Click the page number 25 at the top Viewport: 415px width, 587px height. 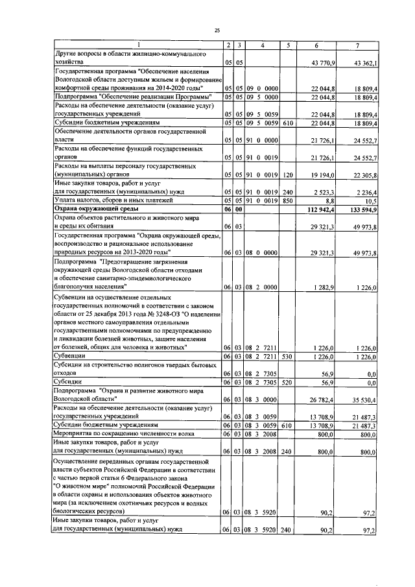point(218,30)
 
